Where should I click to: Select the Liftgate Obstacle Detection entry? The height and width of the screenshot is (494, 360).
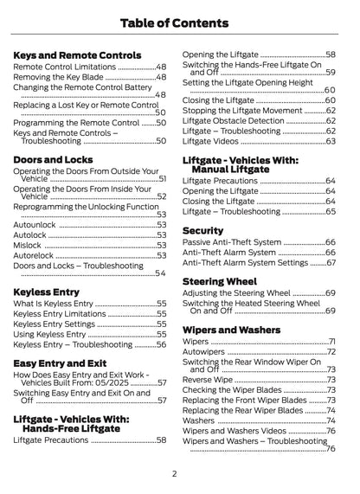coord(235,120)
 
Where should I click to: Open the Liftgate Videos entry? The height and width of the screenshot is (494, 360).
coord(212,141)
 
